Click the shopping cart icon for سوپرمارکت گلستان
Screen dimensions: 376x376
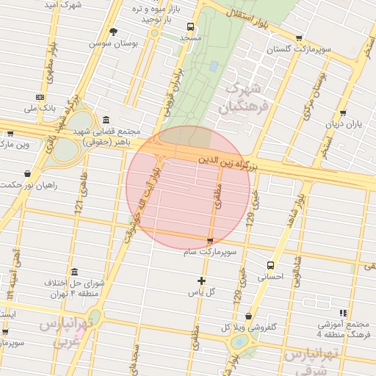pyautogui.click(x=298, y=38)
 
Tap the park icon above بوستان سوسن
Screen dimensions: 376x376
pyautogui.click(x=113, y=32)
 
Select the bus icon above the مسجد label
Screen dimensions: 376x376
pyautogui.click(x=191, y=25)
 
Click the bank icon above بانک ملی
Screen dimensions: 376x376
pyautogui.click(x=40, y=97)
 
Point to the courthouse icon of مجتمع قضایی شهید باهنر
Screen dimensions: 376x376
pyautogui.click(x=106, y=120)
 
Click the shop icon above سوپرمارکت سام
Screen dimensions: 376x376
pyautogui.click(x=211, y=241)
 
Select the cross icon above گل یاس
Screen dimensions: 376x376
pyautogui.click(x=201, y=281)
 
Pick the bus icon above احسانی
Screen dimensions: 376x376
pyautogui.click(x=271, y=265)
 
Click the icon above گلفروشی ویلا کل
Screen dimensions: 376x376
pyautogui.click(x=248, y=317)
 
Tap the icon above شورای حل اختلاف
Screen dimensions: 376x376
pyautogui.click(x=73, y=271)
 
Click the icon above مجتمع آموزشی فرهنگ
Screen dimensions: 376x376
pyautogui.click(x=342, y=312)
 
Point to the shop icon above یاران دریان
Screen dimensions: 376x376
pyautogui.click(x=344, y=112)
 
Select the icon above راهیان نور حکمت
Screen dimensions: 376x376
pyautogui.click(x=28, y=174)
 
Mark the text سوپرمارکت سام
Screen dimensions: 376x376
pyautogui.click(x=211, y=252)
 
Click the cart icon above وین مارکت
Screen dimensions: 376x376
pyautogui.click(x=10, y=134)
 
